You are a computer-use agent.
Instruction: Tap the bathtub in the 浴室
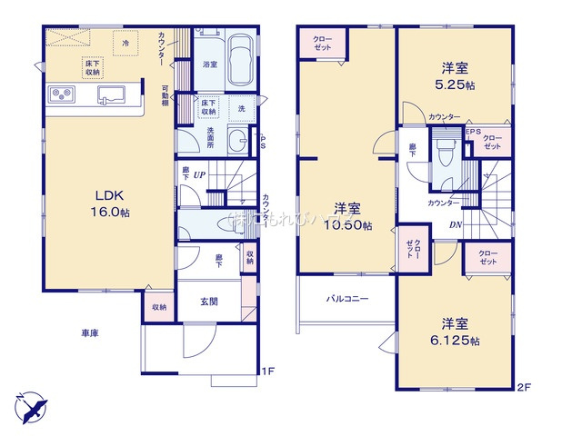(x=241, y=62)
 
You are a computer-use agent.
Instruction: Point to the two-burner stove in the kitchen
(x=63, y=93)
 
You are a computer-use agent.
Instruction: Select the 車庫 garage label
(x=87, y=333)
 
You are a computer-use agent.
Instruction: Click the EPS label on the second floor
(x=472, y=131)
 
